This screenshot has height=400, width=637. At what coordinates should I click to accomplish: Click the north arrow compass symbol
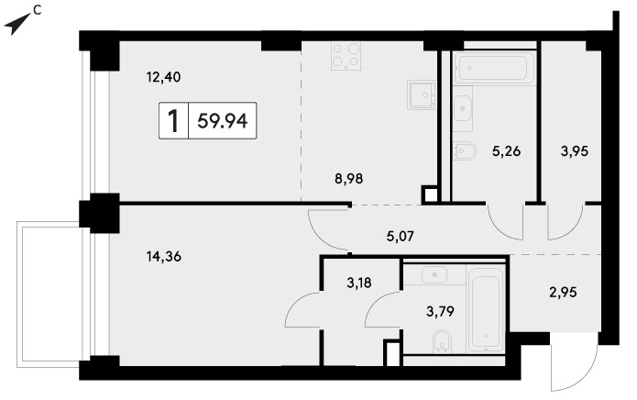click(x=17, y=24)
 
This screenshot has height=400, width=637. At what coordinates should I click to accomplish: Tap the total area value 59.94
click(x=222, y=121)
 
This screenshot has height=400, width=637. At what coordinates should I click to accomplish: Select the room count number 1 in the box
click(x=173, y=121)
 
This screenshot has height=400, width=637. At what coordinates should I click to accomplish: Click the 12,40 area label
click(x=164, y=77)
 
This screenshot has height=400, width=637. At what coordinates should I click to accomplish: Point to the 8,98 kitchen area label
click(x=349, y=179)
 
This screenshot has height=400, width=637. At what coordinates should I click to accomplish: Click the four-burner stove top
click(x=346, y=56)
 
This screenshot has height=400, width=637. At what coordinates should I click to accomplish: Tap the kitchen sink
click(x=422, y=95)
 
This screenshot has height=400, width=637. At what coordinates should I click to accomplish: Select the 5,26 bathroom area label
click(x=506, y=151)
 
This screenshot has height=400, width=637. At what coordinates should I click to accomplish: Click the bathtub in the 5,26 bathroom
click(x=494, y=68)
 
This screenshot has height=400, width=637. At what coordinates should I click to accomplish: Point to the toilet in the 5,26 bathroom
click(x=464, y=150)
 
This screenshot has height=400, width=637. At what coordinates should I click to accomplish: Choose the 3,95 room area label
click(x=575, y=151)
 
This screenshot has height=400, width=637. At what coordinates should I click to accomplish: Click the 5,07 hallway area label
click(x=401, y=236)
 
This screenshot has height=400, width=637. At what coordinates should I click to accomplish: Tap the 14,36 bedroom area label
click(x=164, y=257)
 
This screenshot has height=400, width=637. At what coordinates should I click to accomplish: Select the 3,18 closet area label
click(x=359, y=283)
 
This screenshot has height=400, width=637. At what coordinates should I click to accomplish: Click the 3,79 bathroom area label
click(x=440, y=311)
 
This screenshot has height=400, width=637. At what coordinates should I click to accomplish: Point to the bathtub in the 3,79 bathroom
click(x=486, y=307)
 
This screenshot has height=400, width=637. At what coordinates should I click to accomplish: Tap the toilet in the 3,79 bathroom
click(x=442, y=339)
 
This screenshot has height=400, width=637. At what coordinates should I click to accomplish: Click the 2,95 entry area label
click(x=563, y=292)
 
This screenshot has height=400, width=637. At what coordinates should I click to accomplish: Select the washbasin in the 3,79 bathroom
click(x=434, y=275)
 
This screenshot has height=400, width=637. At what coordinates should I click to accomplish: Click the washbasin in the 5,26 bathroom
click(x=462, y=108)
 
